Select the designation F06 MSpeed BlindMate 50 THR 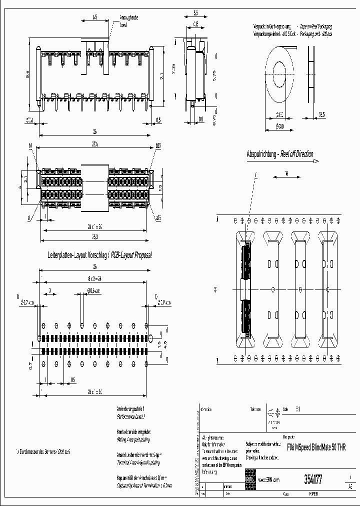(x=315, y=447)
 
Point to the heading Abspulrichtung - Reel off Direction (x=280, y=154)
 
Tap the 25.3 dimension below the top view (x=95, y=236)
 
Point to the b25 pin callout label (x=158, y=146)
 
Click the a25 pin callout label (x=158, y=218)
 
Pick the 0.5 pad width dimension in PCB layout (x=73, y=379)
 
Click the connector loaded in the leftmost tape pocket (x=245, y=290)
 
